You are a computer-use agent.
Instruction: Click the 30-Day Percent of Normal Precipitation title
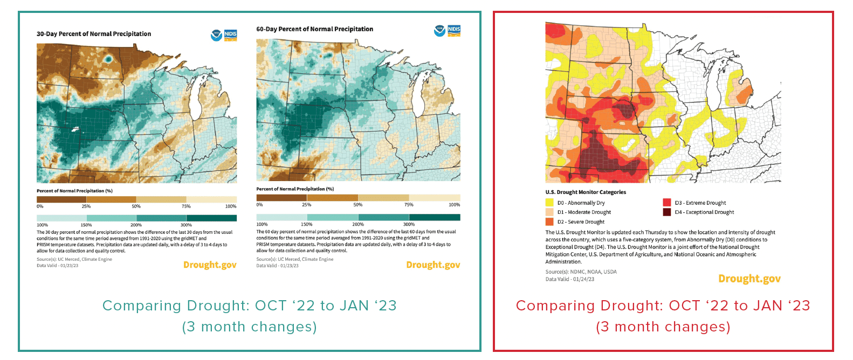(94, 34)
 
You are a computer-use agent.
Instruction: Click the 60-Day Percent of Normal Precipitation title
(314, 29)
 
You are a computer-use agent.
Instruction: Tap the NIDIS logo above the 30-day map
(230, 36)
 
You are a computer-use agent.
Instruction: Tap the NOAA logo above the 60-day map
(439, 31)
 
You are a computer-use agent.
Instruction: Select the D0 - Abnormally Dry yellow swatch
(549, 203)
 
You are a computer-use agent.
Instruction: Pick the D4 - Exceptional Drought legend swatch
(667, 212)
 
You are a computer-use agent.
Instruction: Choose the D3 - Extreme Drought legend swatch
(667, 203)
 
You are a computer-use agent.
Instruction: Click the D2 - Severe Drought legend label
(581, 222)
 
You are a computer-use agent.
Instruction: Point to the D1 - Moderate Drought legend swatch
(549, 212)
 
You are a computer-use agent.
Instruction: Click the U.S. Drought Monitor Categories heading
(586, 192)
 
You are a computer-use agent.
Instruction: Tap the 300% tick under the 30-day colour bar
(186, 225)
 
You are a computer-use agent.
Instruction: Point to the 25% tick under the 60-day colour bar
(307, 205)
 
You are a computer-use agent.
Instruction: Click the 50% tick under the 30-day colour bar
(136, 206)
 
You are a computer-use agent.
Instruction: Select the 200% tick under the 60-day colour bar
(358, 224)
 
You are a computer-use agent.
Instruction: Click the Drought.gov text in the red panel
(749, 279)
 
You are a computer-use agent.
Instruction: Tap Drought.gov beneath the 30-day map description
(210, 265)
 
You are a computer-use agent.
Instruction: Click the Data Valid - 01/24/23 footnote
(570, 279)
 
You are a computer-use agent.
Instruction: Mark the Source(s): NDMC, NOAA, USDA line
(581, 272)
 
